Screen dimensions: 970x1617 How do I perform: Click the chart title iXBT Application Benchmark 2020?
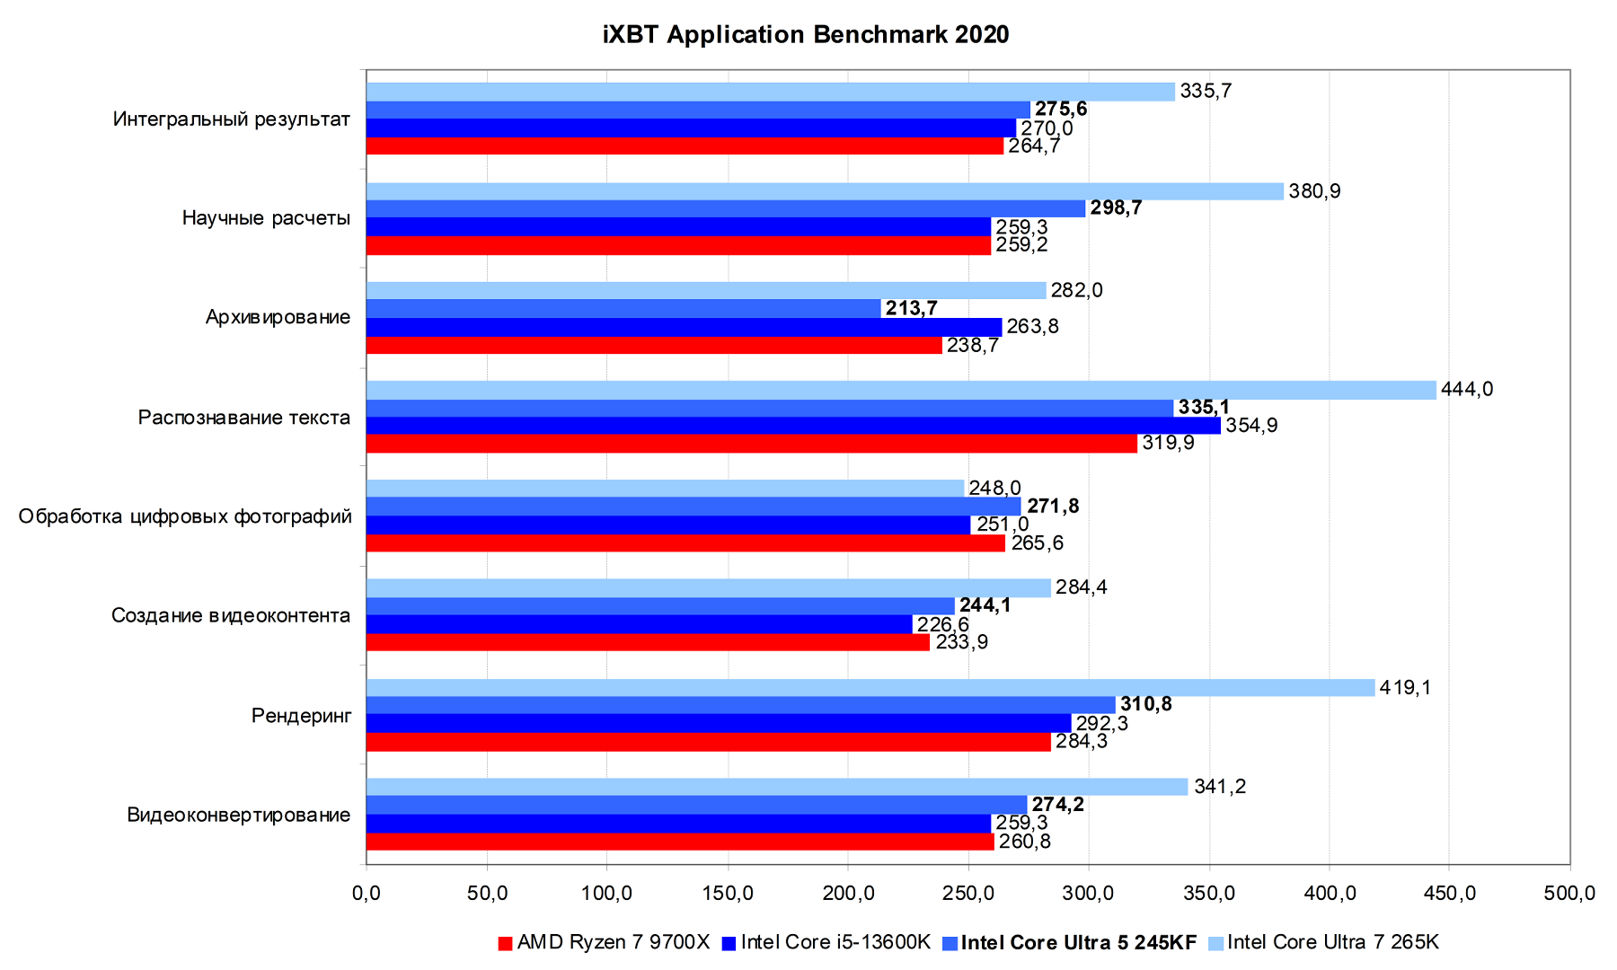tap(806, 35)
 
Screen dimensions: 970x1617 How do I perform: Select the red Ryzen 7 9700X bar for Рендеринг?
tap(708, 742)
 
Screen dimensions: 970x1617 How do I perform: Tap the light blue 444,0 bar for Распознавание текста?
tap(901, 390)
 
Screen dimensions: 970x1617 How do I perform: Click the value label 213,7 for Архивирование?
tap(911, 309)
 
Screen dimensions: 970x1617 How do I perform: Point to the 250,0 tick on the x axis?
tap(968, 894)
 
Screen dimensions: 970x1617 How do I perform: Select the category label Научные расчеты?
tap(266, 218)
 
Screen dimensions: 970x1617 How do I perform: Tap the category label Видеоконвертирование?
tap(239, 816)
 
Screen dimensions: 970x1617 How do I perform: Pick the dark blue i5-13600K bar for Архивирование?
tap(684, 327)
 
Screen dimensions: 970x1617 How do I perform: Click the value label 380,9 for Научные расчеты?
tap(1314, 191)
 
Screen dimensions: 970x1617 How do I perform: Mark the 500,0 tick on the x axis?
tap(1569, 894)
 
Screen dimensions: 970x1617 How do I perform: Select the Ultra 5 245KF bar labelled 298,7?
tap(726, 209)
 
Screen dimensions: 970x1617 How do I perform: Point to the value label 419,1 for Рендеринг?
tap(1405, 688)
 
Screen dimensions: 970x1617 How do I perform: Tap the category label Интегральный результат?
tap(232, 119)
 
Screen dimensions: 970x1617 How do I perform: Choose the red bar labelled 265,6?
tap(685, 543)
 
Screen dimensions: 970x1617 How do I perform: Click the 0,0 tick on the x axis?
tap(367, 894)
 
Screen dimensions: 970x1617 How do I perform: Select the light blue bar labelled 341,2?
tap(777, 787)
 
